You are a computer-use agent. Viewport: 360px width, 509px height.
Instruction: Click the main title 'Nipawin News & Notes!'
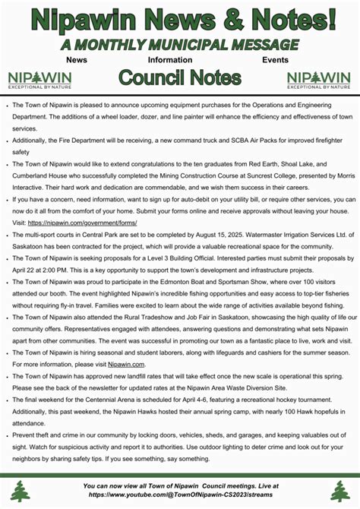coord(180,19)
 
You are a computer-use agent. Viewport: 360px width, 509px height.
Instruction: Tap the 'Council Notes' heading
coord(180,77)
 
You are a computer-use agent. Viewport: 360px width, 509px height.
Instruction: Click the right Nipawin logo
coord(319,79)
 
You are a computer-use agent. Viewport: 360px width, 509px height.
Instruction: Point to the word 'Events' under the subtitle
coord(275,59)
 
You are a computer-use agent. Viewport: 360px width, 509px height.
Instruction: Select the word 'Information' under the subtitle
coord(169,59)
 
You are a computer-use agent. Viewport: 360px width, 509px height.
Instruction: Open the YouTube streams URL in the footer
coord(180,494)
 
